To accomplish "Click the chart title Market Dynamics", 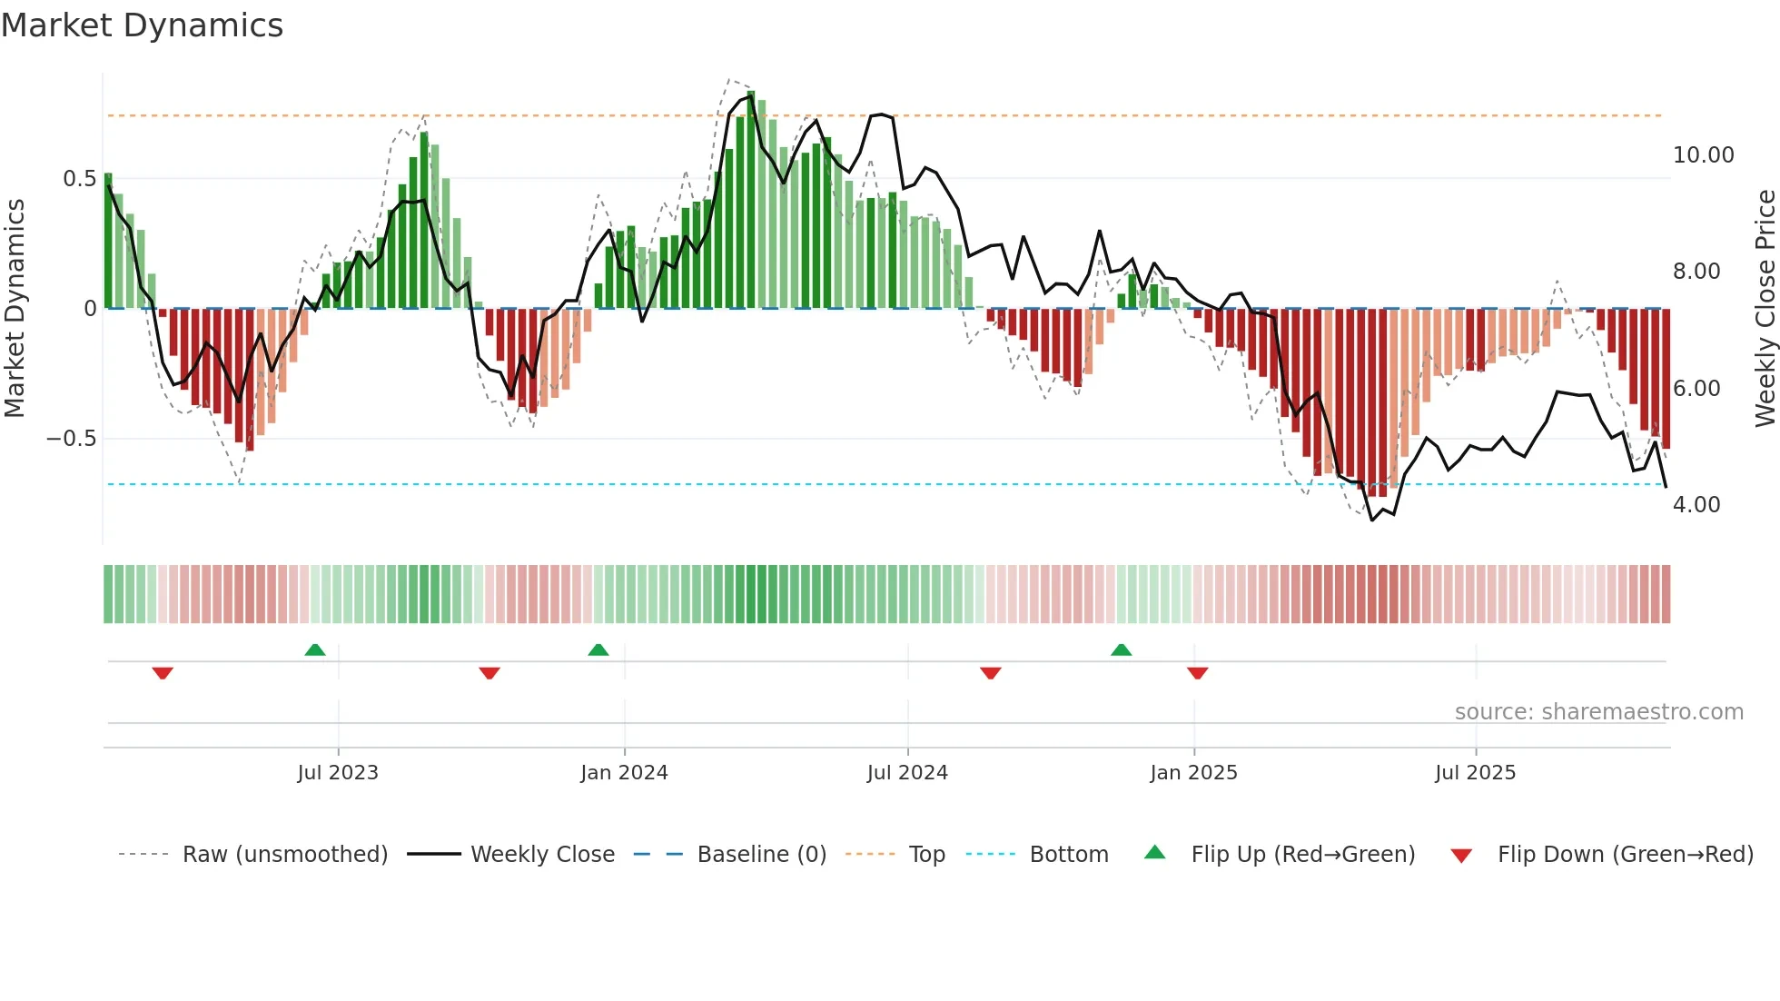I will [142, 25].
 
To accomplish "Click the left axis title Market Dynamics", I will [15, 308].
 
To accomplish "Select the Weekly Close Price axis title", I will [1765, 308].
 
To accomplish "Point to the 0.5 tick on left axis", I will [79, 179].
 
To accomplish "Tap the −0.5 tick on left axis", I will [72, 439].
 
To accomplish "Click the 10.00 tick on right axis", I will [1703, 155].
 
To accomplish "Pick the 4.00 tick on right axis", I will [1696, 505].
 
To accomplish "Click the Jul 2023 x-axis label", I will [338, 773].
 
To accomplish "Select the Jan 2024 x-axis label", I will [624, 773].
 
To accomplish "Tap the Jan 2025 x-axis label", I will [1193, 773].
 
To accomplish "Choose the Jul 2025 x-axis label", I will [1475, 773].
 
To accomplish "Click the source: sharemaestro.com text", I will [1598, 712].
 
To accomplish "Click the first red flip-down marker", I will [163, 673].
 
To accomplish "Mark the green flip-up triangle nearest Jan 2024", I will [598, 649].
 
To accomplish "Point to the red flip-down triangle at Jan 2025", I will [1197, 673].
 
